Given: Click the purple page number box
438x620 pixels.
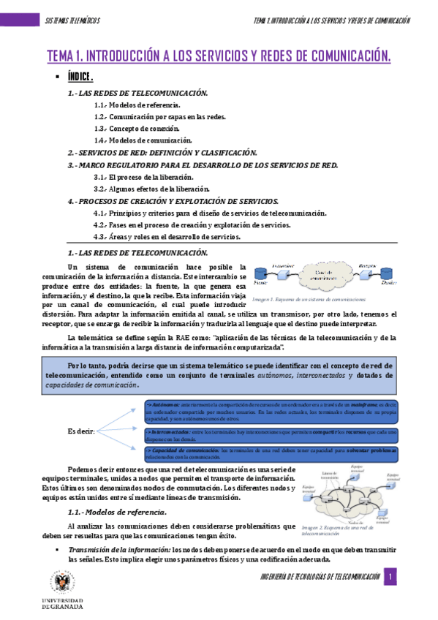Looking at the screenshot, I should pos(391,577).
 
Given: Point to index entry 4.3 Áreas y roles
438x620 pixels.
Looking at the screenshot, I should pos(167,236).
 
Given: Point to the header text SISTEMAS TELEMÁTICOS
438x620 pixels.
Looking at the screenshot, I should pos(72,20).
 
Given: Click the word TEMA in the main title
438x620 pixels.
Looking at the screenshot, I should pos(62,56).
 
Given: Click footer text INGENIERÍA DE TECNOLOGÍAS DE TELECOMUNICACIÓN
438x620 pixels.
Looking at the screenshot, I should pos(320,577).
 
